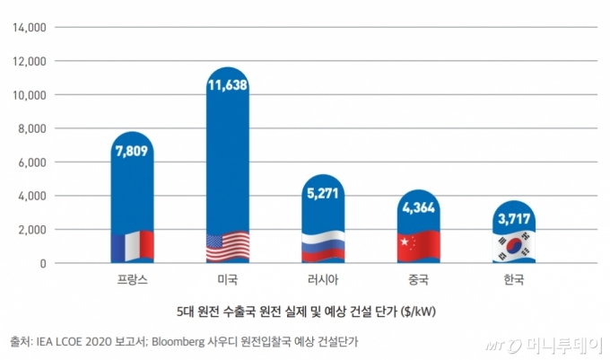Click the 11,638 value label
(x=228, y=85)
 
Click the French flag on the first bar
(x=133, y=245)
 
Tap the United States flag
(x=228, y=246)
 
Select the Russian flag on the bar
(x=323, y=246)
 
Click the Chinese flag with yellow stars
(x=418, y=245)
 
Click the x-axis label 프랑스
(x=133, y=279)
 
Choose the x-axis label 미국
(x=228, y=279)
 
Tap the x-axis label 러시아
(x=323, y=279)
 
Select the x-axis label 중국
(x=418, y=279)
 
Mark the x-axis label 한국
(x=513, y=279)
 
